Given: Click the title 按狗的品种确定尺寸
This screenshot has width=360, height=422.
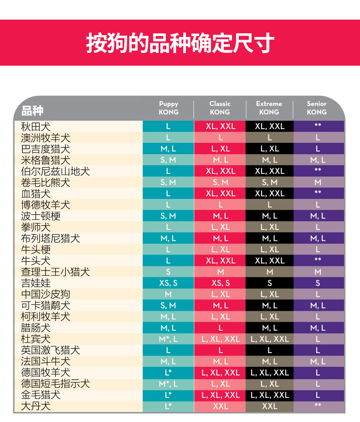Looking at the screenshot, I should coord(180,43).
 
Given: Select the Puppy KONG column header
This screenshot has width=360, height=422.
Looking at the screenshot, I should coord(169,108).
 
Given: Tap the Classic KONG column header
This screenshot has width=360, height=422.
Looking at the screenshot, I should coord(220,108).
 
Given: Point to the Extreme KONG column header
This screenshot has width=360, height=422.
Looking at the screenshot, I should coord(269,108).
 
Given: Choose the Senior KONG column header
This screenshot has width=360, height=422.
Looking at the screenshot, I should coord(317,108).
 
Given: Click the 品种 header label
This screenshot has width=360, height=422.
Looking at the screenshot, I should coord(32,110).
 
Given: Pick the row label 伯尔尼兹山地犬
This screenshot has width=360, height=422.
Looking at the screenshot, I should coord(56,171).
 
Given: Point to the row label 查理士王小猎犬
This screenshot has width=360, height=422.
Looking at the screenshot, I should coord(56,272).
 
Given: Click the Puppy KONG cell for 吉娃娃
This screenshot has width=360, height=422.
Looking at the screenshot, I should coord(168,283).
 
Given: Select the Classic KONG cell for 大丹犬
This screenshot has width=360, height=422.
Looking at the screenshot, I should coord(220,406).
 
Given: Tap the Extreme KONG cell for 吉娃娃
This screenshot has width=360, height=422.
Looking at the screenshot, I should coord(269,283).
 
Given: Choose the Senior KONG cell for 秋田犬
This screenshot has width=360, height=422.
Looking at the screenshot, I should coord(318,126).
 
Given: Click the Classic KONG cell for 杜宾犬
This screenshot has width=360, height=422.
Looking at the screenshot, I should coord(220,339).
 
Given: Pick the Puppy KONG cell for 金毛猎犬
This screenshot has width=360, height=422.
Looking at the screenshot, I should coord(168,395).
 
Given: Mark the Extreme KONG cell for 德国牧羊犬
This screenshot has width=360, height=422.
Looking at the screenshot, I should coord(269,373).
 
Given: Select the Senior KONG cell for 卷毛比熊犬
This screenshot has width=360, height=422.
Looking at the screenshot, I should coord(318,182).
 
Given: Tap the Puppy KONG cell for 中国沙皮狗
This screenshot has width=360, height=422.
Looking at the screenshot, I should coord(168,294).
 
